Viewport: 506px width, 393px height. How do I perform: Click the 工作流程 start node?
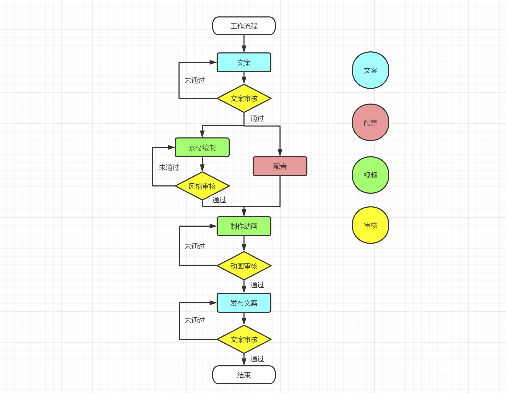244,26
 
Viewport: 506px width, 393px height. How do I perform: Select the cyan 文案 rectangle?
244,62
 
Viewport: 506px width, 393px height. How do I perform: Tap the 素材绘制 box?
202,147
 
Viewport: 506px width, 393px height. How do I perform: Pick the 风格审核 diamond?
202,186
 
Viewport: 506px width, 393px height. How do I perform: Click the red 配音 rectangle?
280,166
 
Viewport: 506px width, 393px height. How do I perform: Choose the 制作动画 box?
244,226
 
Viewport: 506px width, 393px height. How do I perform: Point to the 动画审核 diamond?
244,266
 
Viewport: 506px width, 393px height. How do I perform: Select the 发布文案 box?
244,303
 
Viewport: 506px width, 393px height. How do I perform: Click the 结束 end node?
244,375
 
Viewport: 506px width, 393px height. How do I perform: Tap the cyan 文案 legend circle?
370,70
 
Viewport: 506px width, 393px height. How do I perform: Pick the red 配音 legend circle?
370,122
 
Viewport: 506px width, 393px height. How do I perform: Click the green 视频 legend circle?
370,175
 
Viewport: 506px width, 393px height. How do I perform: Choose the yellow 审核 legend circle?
370,225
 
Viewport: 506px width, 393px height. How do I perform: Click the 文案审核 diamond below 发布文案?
244,339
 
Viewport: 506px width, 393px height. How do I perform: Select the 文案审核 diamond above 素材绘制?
244,98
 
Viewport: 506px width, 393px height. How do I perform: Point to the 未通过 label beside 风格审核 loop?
169,167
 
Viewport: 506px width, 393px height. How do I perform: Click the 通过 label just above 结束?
257,359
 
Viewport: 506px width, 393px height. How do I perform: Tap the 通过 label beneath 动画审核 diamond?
257,285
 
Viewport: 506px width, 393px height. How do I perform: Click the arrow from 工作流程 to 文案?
244,44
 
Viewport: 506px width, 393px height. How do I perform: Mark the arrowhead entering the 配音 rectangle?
280,153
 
